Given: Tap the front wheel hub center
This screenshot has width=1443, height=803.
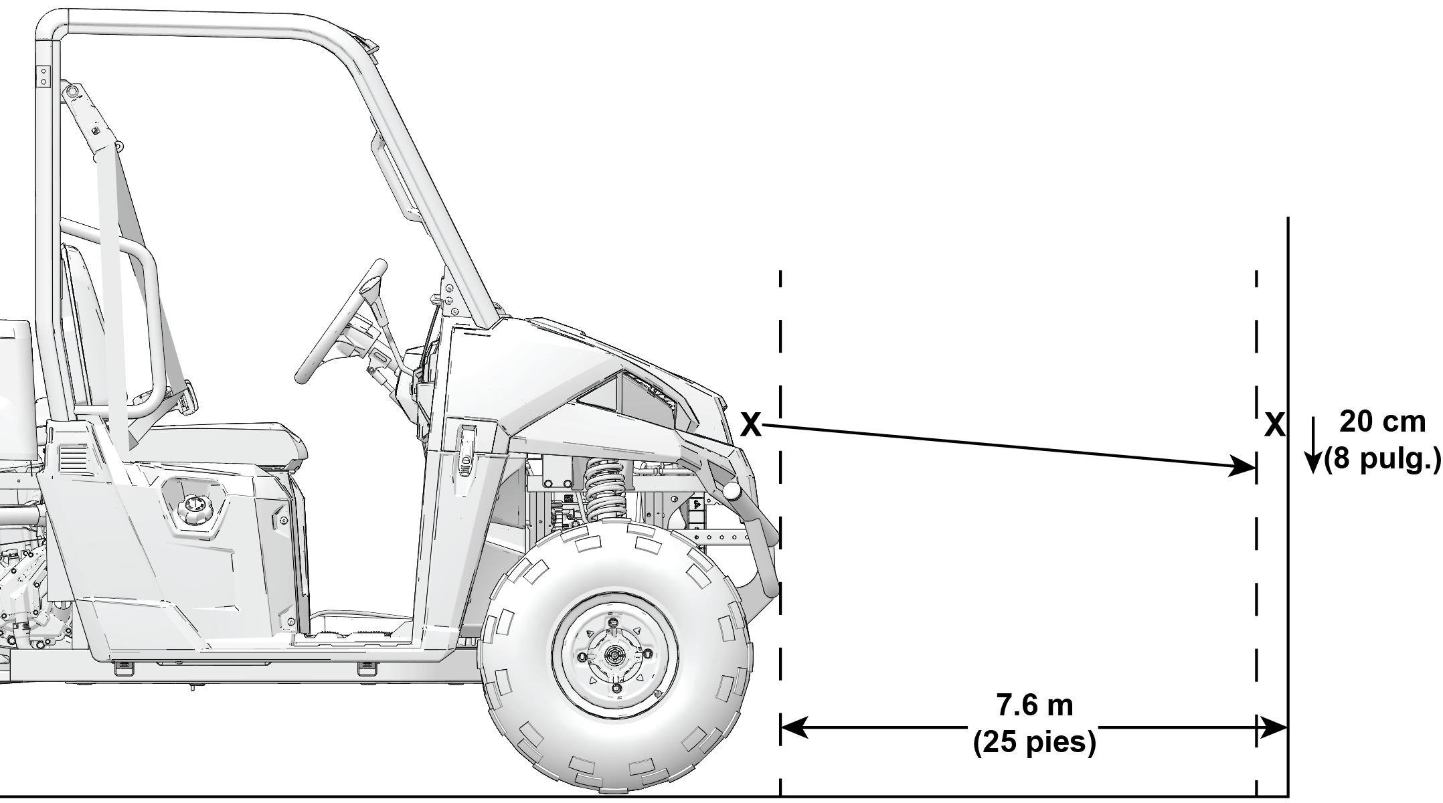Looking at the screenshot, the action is pos(614,656).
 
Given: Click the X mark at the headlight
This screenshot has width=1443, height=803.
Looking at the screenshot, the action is pos(752,425).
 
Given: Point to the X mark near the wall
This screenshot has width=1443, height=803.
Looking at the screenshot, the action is pos(1275,424).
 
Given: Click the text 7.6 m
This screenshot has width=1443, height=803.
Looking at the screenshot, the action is pos(1035,706).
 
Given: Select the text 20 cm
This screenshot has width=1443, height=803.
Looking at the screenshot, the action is pos(1382,422).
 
